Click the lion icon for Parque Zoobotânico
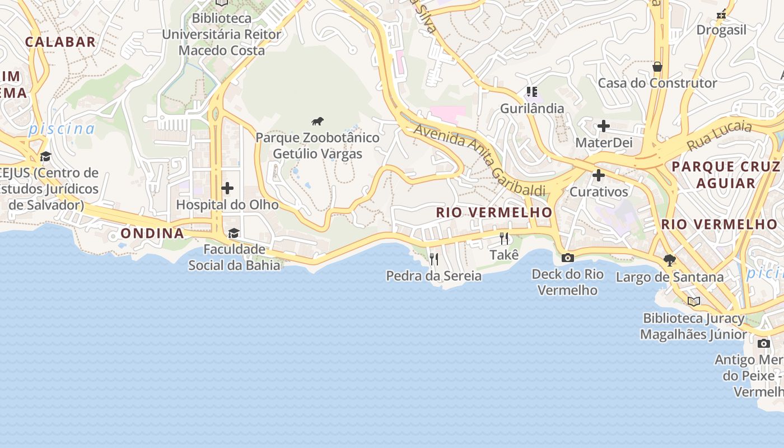click(x=318, y=121)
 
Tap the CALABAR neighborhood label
click(x=60, y=42)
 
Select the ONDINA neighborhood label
click(x=152, y=233)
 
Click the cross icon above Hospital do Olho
click(x=227, y=188)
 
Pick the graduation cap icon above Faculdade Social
click(x=234, y=233)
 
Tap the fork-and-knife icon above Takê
click(x=504, y=239)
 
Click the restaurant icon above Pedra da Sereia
click(x=433, y=259)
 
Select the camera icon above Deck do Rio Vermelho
click(x=567, y=258)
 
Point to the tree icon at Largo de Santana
click(x=669, y=260)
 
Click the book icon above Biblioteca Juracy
click(x=694, y=302)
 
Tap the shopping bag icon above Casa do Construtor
click(x=657, y=67)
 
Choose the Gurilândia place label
click(x=532, y=108)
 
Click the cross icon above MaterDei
click(x=603, y=126)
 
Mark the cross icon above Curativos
click(x=599, y=175)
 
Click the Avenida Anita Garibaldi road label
click(x=479, y=160)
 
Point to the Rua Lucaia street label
click(x=719, y=136)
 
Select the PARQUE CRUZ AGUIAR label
click(x=725, y=175)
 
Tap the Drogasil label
click(x=722, y=30)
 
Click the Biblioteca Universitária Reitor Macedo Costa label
click(x=222, y=34)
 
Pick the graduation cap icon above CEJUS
click(x=45, y=156)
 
